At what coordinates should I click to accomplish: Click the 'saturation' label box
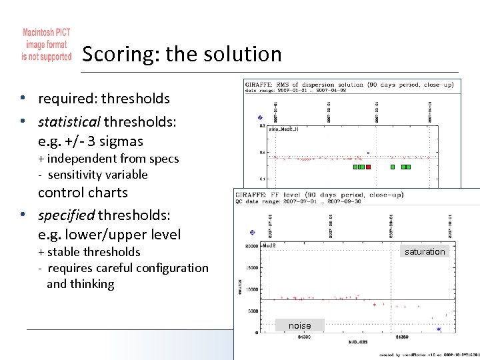click(425, 251)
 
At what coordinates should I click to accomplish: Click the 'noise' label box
click(299, 325)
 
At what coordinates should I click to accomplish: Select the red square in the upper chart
click(368, 167)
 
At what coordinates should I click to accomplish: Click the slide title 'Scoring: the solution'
click(182, 54)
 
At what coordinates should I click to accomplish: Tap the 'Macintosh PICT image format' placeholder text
click(46, 45)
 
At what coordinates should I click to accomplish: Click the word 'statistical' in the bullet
click(69, 122)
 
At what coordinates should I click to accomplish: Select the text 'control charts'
click(83, 193)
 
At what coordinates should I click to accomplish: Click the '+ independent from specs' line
click(108, 159)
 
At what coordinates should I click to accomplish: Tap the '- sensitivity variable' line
click(93, 175)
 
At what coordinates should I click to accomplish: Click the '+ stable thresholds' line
click(89, 252)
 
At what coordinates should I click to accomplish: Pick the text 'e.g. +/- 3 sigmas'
click(91, 141)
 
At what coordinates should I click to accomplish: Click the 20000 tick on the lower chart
click(251, 247)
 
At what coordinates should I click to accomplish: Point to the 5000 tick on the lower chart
click(252, 311)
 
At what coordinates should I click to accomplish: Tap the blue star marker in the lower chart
click(439, 329)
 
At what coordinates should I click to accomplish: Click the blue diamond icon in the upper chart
click(260, 119)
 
